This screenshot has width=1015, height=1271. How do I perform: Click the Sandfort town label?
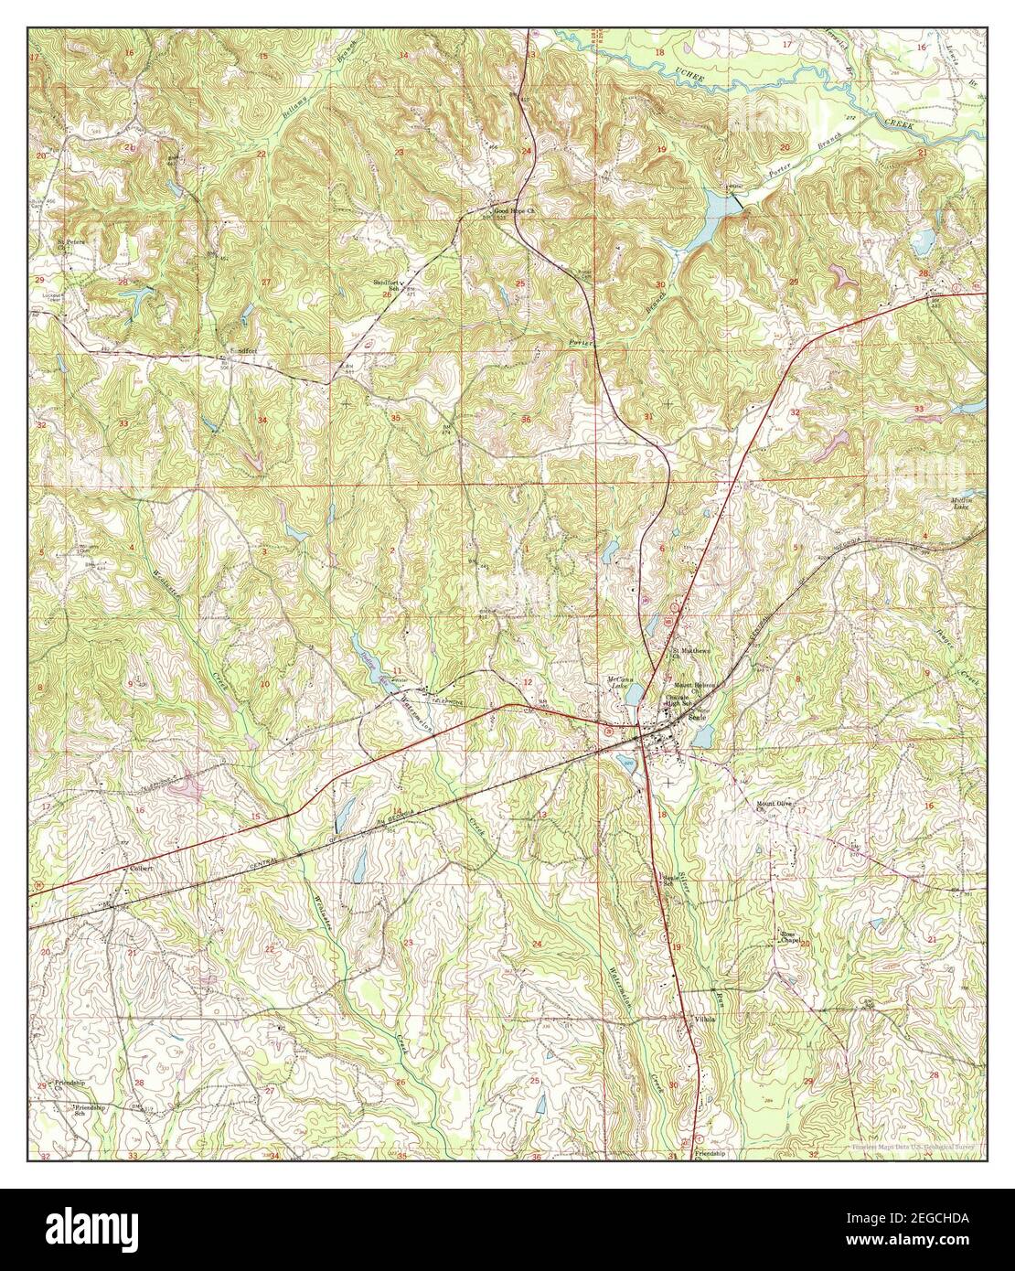pyautogui.click(x=233, y=349)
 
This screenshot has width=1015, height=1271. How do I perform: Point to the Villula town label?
pyautogui.click(x=703, y=1018)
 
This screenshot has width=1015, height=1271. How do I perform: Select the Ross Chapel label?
pyautogui.click(x=790, y=937)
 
